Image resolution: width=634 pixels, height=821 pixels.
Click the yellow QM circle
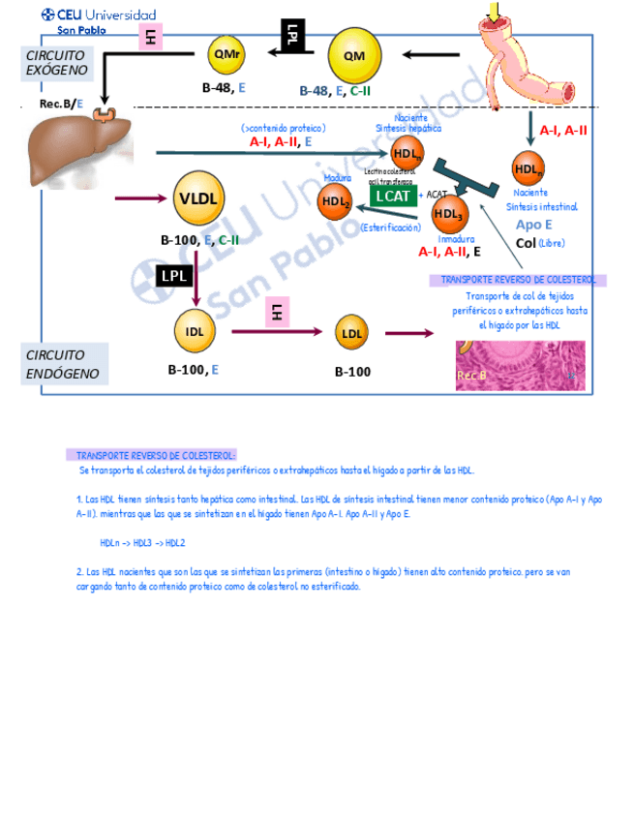click(x=361, y=55)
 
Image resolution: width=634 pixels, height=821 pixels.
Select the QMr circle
click(x=229, y=55)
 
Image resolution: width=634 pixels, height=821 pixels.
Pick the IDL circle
click(x=196, y=331)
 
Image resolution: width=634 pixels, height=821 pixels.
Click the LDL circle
click(x=351, y=334)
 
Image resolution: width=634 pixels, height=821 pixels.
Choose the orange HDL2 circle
click(x=336, y=200)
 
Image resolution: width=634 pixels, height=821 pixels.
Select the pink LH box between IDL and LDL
click(x=277, y=312)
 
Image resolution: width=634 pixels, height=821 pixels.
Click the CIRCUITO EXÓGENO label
click(x=57, y=62)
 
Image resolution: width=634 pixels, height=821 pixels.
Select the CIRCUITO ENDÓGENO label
click(x=56, y=364)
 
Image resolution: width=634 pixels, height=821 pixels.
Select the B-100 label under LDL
click(x=352, y=372)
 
